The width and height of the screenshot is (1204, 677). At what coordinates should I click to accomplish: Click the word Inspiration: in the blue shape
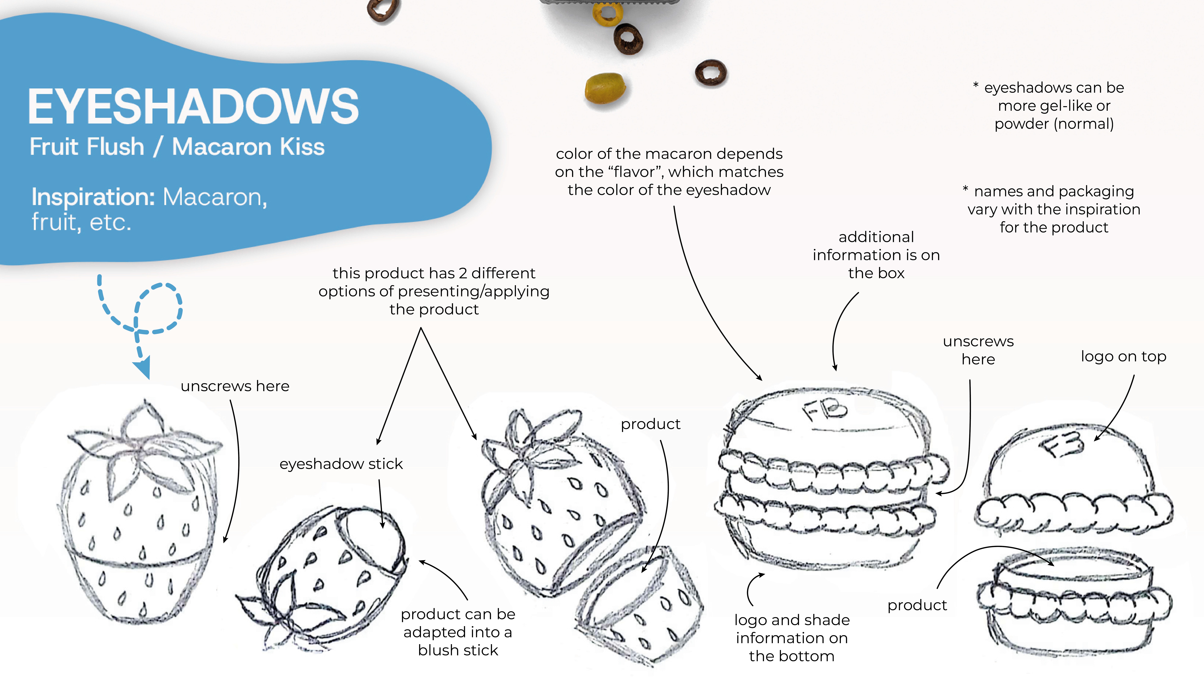pos(93,197)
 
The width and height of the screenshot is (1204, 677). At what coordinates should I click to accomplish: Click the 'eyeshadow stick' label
pos(341,464)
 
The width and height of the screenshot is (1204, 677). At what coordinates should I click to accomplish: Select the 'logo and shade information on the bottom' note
pos(792,638)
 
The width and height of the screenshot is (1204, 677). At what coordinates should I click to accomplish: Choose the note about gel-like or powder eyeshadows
pos(1049,106)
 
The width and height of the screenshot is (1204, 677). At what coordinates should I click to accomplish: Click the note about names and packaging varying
pos(1052,209)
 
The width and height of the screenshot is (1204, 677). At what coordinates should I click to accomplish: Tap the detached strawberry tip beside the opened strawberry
pos(640,605)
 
